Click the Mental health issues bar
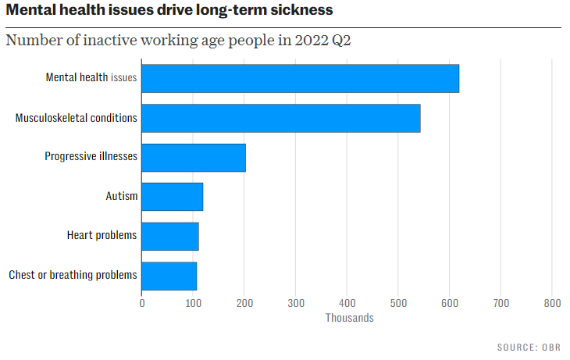pos(301,79)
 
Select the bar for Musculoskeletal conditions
pos(281,118)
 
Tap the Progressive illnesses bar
pos(194,157)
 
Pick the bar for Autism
pos(173,196)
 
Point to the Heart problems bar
pos(170,236)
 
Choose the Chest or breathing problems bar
pos(169,275)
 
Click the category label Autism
pos(121,196)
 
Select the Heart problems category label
pos(102,235)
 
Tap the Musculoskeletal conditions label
pos(77,118)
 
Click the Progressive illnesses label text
pos(91,157)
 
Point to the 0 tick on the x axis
pos(142,303)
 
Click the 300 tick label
pos(296,303)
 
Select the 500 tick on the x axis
pos(398,303)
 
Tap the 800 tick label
pos(552,303)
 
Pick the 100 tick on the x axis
pos(193,303)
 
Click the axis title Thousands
pos(349,318)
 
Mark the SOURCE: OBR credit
pos(529,347)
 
